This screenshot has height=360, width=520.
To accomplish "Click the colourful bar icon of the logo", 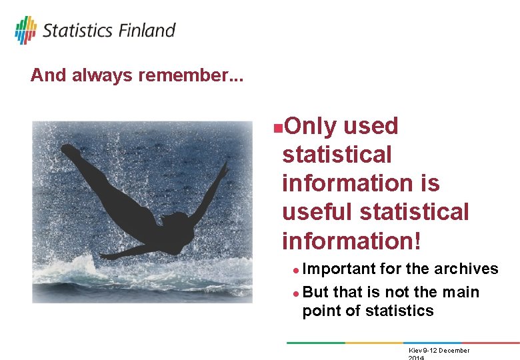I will pos(25,30).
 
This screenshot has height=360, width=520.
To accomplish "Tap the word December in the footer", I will pos(450,351).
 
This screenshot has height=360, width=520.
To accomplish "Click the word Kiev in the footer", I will pos(415,351).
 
